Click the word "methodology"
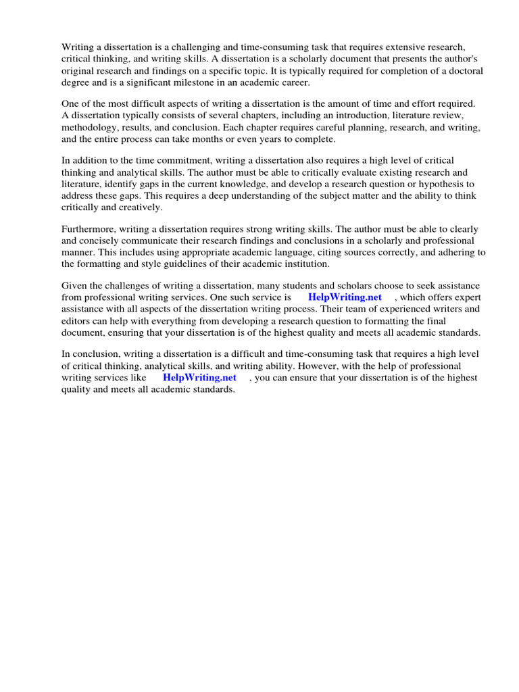pos(89,127)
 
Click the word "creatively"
pos(140,207)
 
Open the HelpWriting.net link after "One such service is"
pos(345,297)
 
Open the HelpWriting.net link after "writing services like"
pos(199,378)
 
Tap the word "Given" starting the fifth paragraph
pos(75,285)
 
